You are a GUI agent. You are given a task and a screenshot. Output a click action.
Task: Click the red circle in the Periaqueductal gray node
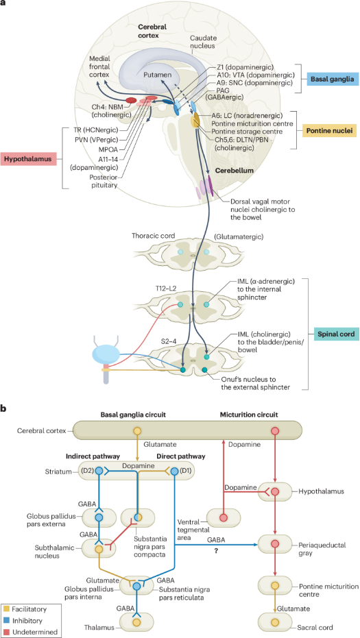pyautogui.click(x=275, y=543)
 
